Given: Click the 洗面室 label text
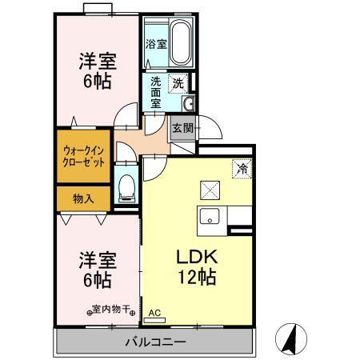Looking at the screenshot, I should pos(157,92).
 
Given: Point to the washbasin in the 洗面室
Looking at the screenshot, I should pos(190,106).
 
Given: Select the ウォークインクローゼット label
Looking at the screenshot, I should pos(84,155).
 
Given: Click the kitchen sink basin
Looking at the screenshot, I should pos(210,215).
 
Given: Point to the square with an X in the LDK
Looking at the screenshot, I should pos(210,190).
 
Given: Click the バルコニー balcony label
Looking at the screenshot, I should pos(155,343).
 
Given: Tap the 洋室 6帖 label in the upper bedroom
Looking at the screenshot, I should pos(94,70).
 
